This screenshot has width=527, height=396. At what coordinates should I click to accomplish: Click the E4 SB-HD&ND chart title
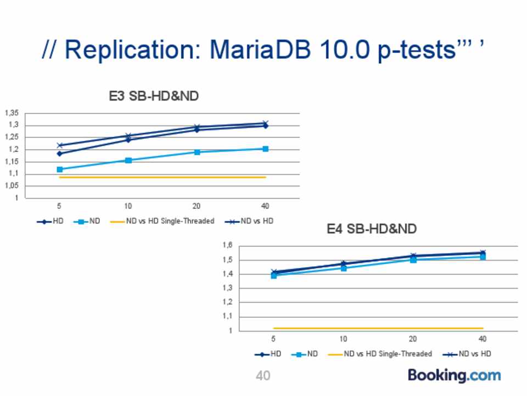coord(372,229)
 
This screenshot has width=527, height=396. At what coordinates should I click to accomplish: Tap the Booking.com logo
coord(454,376)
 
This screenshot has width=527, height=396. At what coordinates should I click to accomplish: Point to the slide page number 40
coord(263,376)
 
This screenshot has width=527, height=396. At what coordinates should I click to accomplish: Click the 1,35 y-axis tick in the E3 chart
coord(12,113)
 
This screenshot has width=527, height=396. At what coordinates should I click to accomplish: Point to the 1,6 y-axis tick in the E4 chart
coord(227,245)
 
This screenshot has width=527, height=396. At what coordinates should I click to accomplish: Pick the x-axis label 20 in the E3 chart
coord(196,206)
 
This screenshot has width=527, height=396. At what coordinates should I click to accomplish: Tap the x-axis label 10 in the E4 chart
coord(343,339)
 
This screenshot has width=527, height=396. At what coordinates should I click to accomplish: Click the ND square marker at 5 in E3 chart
coord(59,169)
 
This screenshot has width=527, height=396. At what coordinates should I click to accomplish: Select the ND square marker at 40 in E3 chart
coord(265,148)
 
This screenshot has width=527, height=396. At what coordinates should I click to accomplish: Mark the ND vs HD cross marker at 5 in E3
coord(59,145)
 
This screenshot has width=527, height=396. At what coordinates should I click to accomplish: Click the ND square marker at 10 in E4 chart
coord(344,268)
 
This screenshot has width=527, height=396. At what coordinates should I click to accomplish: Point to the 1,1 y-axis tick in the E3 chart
coord(14,174)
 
